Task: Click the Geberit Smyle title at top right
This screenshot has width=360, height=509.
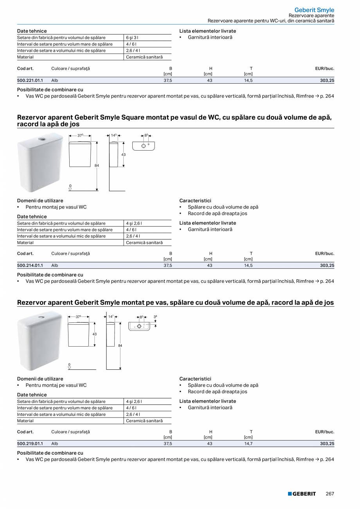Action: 314,10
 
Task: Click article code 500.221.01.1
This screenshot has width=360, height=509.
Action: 30,80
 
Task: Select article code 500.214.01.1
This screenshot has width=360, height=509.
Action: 30,265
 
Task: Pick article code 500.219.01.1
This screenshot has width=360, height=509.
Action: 30,444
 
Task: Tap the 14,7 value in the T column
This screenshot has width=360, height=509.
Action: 248,444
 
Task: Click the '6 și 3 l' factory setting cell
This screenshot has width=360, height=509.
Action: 132,38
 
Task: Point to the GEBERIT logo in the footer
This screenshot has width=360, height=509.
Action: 302,494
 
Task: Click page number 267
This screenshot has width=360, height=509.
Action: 330,494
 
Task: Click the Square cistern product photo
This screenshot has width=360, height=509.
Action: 40,162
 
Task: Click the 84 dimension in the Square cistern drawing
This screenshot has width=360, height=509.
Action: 97,165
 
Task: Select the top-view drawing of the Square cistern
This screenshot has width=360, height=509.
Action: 144,146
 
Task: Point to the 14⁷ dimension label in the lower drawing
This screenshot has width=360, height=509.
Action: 111,317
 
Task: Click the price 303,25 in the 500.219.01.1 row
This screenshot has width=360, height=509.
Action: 327,444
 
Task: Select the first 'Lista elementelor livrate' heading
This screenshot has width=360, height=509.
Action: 207,31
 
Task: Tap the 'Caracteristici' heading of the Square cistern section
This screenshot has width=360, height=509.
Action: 195,201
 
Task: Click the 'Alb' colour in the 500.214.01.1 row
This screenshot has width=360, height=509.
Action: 55,265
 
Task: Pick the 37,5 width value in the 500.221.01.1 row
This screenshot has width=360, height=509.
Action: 167,80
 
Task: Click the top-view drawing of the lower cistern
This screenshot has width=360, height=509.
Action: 139,326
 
